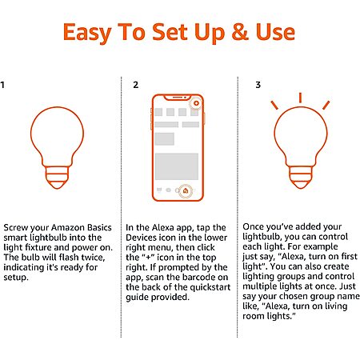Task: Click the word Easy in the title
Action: click(x=88, y=33)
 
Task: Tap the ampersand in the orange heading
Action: click(x=240, y=32)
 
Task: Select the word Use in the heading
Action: click(x=275, y=32)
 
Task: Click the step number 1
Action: click(x=2, y=85)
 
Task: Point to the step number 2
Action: click(x=135, y=85)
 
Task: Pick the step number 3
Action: click(x=258, y=85)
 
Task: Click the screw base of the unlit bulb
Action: click(x=57, y=178)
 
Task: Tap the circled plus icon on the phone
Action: click(x=196, y=103)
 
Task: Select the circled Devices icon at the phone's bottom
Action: click(x=186, y=191)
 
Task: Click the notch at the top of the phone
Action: click(x=177, y=98)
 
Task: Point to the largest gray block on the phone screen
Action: click(x=177, y=166)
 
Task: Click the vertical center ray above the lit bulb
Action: click(x=300, y=98)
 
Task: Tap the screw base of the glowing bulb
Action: click(x=301, y=178)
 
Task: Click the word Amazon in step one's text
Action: click(x=68, y=227)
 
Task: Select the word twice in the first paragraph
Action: click(x=93, y=258)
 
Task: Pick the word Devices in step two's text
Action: click(x=142, y=238)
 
